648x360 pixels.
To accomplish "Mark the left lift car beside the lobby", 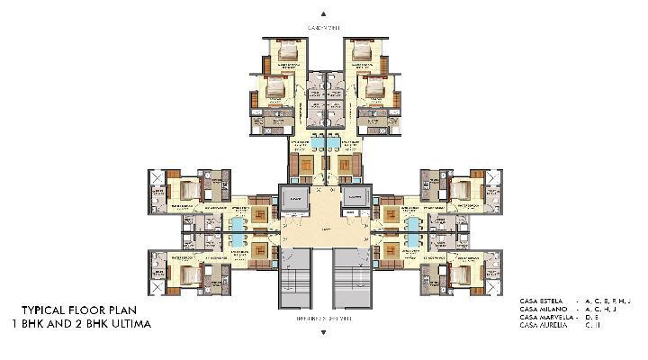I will [293, 198].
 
